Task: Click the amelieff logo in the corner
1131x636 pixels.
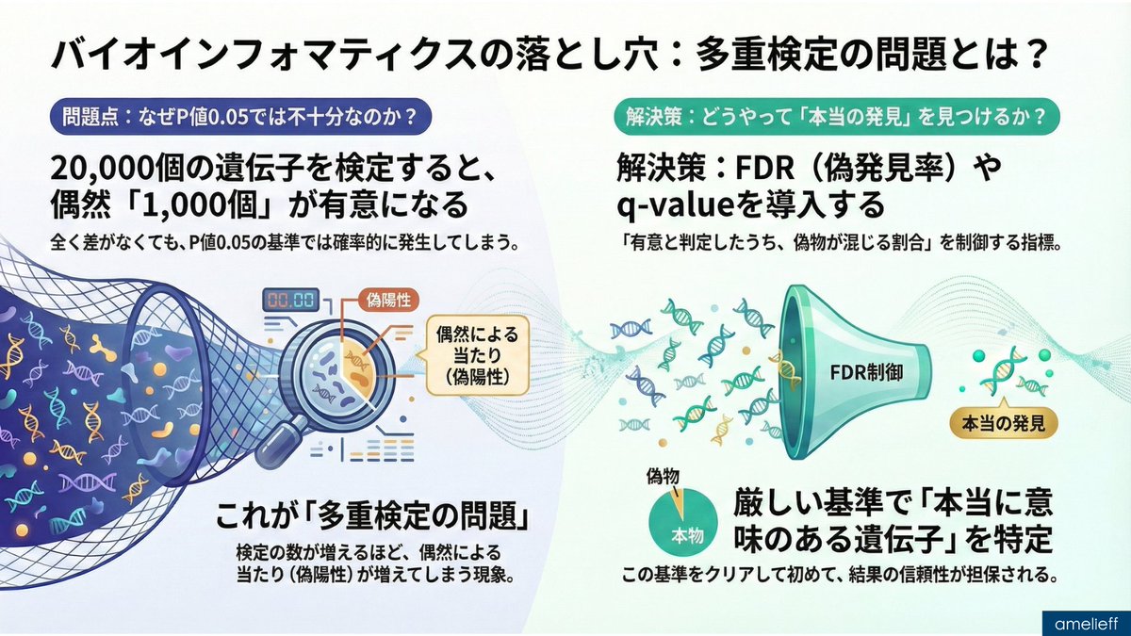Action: tap(1085, 622)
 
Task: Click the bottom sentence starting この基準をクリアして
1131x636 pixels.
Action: tap(837, 574)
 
